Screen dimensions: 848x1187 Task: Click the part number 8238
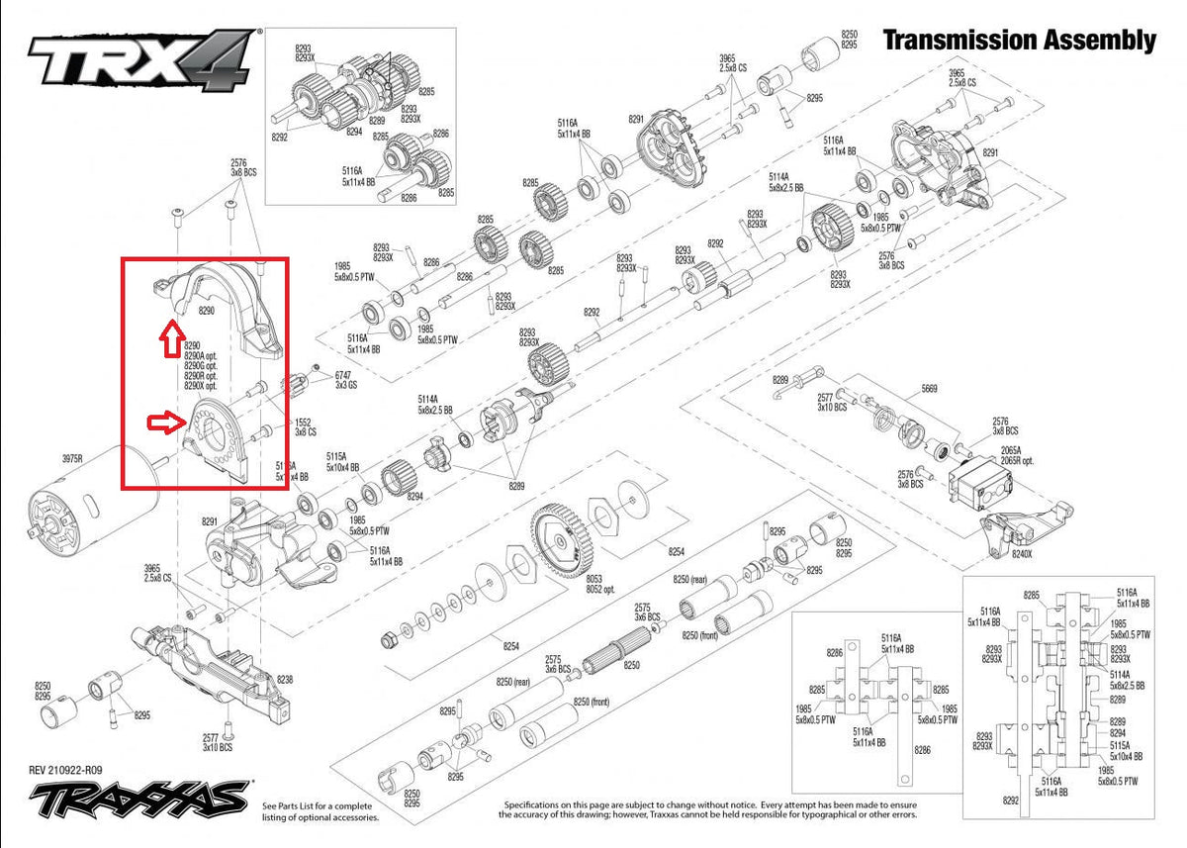[285, 680]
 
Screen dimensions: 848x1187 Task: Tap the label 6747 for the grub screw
[343, 376]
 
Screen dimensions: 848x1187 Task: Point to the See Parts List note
[319, 812]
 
